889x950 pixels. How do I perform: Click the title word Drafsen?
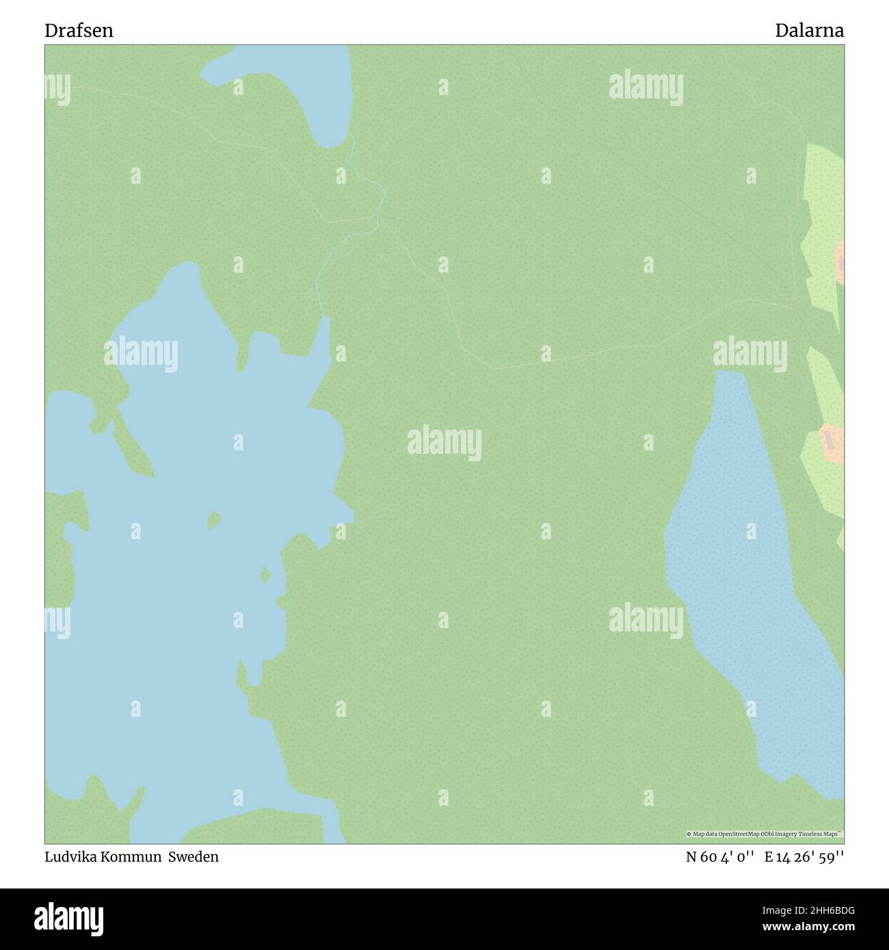point(79,31)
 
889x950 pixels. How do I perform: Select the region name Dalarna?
point(809,31)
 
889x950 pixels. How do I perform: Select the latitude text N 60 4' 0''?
point(720,857)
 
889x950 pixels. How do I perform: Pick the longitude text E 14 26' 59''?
point(804,857)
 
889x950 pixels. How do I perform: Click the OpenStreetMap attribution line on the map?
point(765,834)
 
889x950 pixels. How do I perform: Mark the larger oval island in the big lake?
point(214,521)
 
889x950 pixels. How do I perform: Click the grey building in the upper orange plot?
point(841,262)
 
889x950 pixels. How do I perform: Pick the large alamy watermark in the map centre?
point(444,443)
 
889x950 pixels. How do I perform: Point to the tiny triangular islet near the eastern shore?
point(265,575)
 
